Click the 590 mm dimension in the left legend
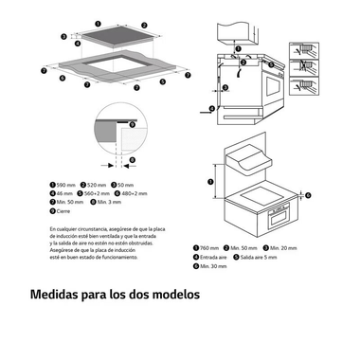pos(63,185)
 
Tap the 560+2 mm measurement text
pos(96,194)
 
